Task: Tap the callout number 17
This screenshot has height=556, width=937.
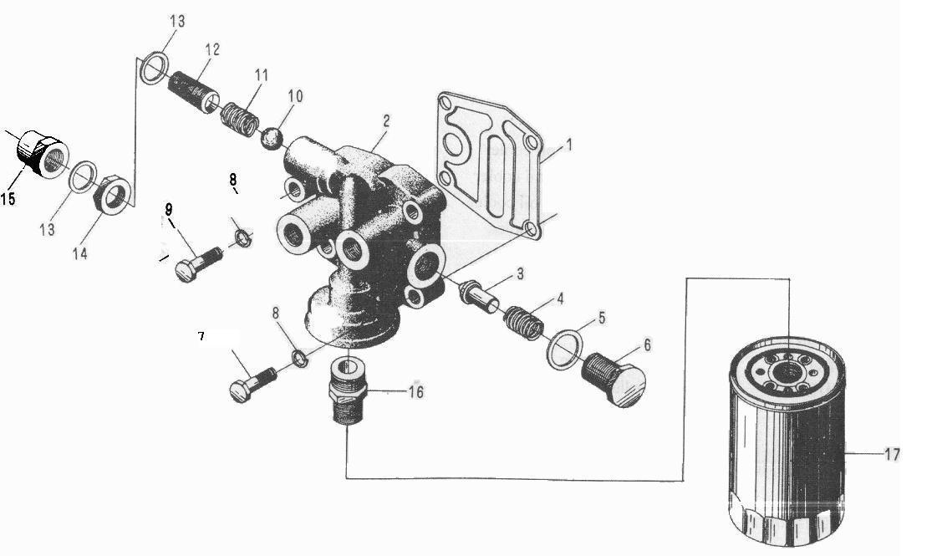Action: [x=892, y=455]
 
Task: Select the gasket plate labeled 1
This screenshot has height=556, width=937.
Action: [x=490, y=166]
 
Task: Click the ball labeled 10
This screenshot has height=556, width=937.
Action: [x=272, y=139]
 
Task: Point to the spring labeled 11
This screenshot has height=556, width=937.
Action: [x=240, y=118]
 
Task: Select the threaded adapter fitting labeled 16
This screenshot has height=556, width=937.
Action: [x=348, y=389]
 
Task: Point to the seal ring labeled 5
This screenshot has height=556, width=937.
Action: [x=565, y=349]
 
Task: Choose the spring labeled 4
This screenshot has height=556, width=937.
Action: [x=523, y=322]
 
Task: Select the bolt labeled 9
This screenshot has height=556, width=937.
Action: [x=198, y=263]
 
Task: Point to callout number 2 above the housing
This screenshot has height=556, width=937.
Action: [x=386, y=121]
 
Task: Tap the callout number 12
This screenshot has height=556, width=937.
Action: [x=213, y=49]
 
